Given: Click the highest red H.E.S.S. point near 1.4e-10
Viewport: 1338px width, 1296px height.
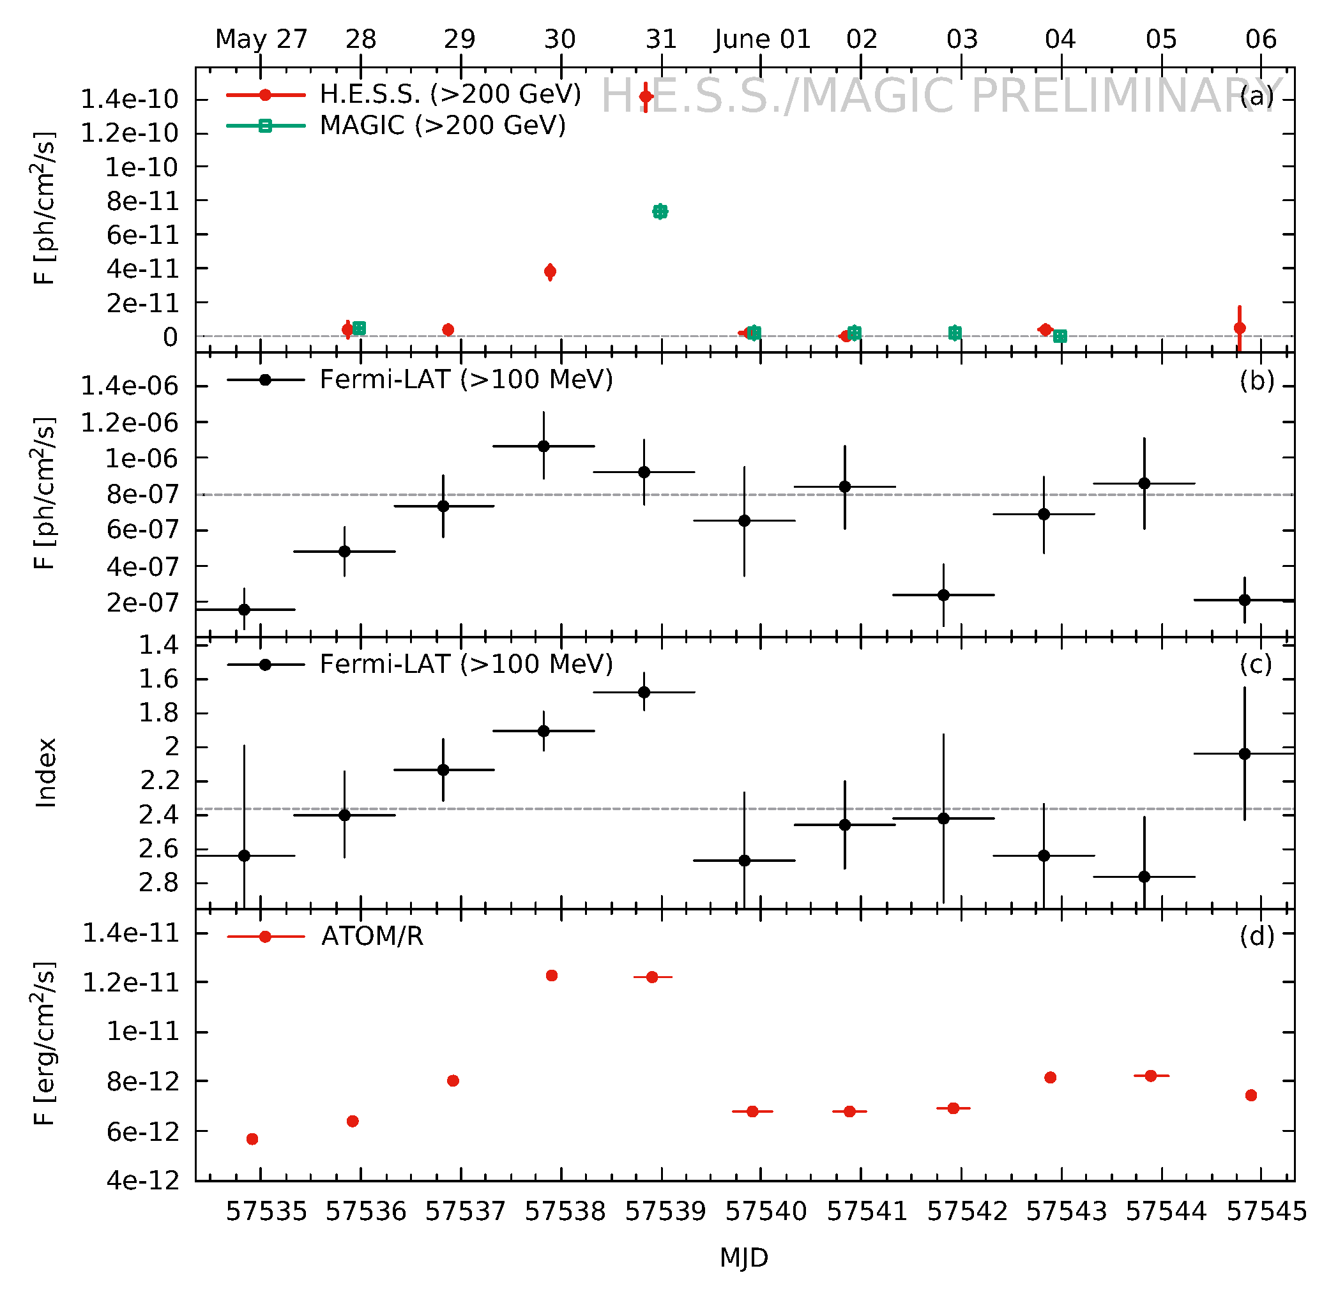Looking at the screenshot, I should (646, 97).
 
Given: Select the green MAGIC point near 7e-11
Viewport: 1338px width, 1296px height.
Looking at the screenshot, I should (660, 212).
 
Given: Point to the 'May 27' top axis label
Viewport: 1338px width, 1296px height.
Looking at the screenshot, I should (261, 39).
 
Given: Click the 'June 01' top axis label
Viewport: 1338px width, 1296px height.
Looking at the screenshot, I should (763, 39).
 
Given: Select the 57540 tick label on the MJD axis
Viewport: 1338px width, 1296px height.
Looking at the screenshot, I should (766, 1211).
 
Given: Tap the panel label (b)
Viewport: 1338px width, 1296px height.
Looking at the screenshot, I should (1257, 381).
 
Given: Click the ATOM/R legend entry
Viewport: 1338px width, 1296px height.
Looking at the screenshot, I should (372, 937).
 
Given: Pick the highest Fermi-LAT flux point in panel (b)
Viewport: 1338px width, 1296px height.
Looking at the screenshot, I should (544, 446).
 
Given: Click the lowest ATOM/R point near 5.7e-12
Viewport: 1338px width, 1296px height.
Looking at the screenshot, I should (252, 1139).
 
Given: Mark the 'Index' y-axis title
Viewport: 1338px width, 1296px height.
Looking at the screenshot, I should (46, 772).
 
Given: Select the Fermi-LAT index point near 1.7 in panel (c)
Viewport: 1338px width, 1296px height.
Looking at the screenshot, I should (644, 692).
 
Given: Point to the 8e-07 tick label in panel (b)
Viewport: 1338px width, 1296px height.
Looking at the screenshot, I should (142, 494).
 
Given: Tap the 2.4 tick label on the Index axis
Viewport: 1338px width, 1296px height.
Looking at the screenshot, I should (158, 814).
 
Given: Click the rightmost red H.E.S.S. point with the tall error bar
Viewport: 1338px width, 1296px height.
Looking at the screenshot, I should (1240, 328).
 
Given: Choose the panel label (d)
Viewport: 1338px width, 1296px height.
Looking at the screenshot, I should (1257, 937).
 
